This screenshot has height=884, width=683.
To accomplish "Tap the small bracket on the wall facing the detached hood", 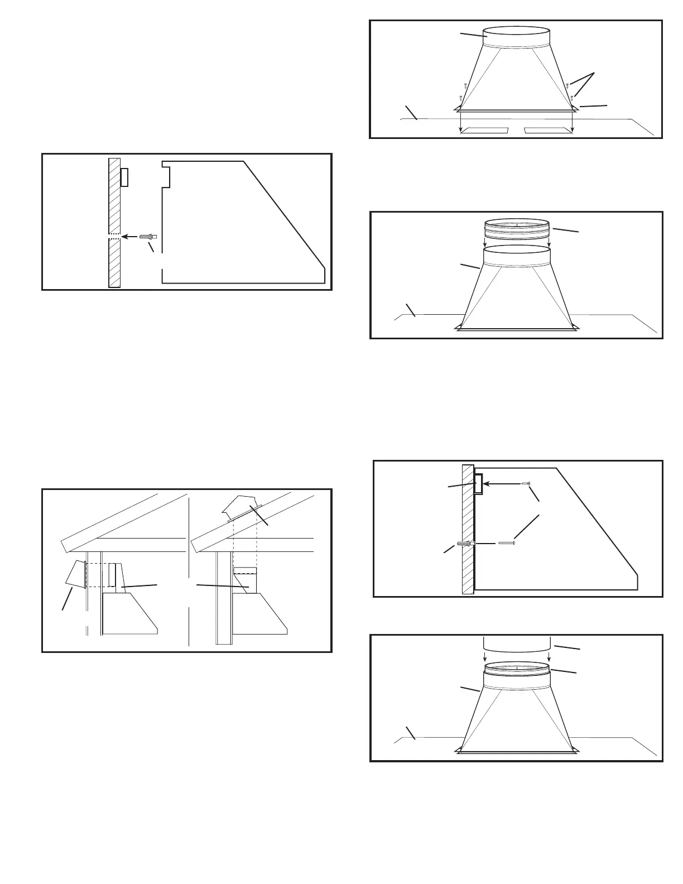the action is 124,177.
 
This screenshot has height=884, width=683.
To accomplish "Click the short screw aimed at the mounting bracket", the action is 525,483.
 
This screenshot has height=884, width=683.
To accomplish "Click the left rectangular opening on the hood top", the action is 483,131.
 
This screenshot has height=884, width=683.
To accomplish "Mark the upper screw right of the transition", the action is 567,85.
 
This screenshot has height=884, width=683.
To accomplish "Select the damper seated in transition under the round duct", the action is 517,668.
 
